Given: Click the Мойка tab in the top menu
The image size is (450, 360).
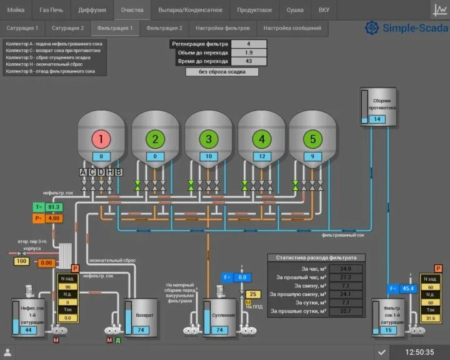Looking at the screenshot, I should point(16,10).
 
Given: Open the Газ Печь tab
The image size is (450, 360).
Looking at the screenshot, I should point(51,10).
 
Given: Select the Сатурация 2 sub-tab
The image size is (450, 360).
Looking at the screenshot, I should point(67,28).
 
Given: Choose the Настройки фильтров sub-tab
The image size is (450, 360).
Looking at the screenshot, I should point(222,28).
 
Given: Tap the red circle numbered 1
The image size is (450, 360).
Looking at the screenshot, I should point(101,139).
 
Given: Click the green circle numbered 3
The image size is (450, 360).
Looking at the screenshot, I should point(209,139).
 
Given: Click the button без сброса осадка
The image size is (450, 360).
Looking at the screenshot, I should point(222,72).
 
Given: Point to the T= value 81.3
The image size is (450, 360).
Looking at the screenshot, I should point(54,207).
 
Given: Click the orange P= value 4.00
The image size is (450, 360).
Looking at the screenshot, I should point(54,218).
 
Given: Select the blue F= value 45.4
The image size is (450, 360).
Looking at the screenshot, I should point(409,288).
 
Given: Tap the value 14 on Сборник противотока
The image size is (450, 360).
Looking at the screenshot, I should point(376,119).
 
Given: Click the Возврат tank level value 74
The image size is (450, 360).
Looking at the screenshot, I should point(142,330).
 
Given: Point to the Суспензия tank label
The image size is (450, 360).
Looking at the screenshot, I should point(222,315).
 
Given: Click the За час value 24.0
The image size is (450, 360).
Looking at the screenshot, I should point(345,269).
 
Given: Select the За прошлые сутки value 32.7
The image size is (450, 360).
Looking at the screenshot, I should point(345,311).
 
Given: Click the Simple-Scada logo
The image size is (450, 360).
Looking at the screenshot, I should point(406,28).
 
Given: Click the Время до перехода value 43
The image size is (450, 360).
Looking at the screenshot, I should point(249,61).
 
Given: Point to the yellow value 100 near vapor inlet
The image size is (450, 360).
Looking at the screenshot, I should point(22,261).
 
